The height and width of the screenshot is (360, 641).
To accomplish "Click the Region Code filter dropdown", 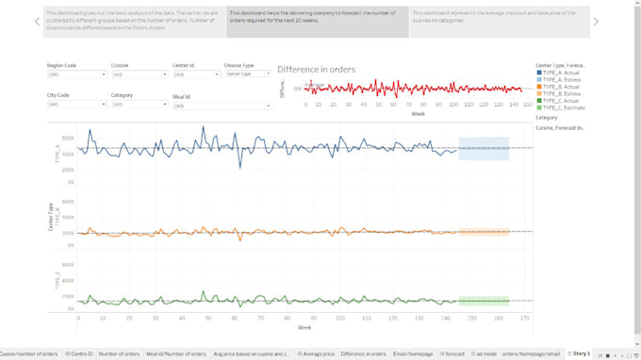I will point(74,74).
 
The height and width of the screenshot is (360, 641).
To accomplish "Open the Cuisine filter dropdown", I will point(138,74).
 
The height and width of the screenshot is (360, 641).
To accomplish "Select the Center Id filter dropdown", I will point(194,74).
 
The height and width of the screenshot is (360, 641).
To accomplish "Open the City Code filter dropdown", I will point(74,105).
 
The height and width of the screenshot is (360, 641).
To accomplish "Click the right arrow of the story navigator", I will point(596,22).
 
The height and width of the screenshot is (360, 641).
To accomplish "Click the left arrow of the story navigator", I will point(37,22).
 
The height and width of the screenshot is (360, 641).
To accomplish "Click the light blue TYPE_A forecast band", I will point(484,148).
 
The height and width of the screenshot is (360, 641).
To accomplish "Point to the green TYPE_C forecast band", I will point(484,301).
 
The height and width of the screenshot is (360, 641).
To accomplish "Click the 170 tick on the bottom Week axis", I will point(524,319).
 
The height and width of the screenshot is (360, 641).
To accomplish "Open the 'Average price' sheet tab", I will point(318,353).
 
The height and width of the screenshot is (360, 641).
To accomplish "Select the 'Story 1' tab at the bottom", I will point(580,353).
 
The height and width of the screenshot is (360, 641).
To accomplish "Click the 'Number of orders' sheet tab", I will point(119,353).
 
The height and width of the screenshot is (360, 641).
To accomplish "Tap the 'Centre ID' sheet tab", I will point(79,353).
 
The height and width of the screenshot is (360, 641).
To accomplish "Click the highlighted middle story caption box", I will point(318,22).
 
